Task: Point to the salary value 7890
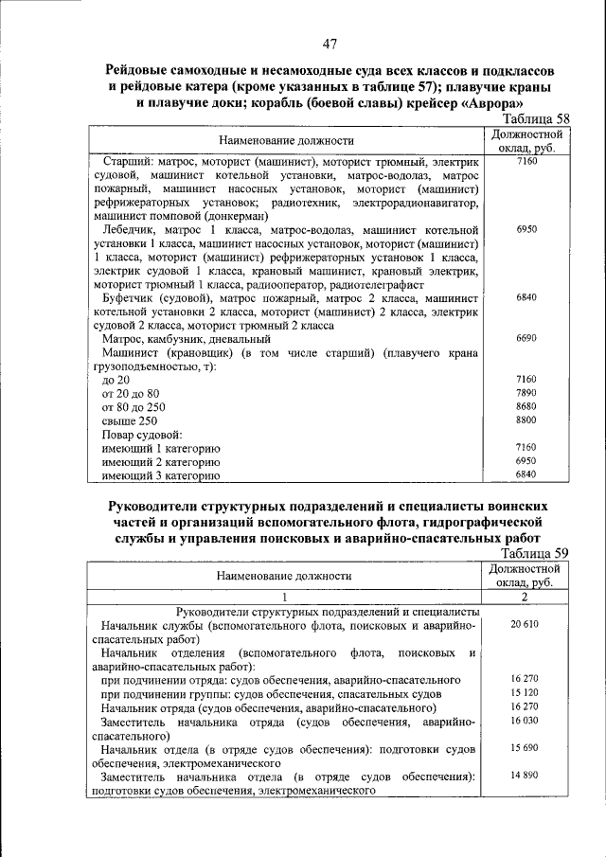pyautogui.click(x=526, y=392)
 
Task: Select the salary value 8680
pyautogui.click(x=526, y=405)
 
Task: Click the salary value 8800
pyautogui.click(x=526, y=420)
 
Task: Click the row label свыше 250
pyautogui.click(x=130, y=420)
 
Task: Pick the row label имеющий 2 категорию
pyautogui.click(x=161, y=461)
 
